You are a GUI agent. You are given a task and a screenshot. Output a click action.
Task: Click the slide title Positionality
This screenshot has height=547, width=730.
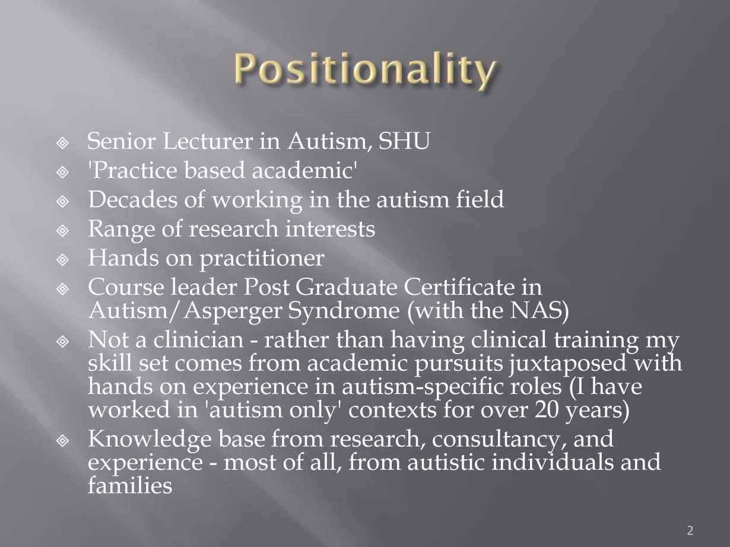[x=365, y=71]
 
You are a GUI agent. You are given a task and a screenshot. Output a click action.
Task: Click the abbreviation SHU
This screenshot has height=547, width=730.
[x=404, y=141]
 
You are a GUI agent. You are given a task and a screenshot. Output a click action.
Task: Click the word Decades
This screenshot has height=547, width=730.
[x=132, y=199]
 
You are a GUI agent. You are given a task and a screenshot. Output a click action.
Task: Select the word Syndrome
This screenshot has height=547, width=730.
[x=344, y=311]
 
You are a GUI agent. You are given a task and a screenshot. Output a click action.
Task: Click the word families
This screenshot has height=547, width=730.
[x=130, y=485]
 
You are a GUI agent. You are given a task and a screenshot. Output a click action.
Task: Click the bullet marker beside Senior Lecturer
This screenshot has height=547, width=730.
[x=62, y=143]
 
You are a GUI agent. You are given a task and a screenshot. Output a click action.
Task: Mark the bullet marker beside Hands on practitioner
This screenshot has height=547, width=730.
[x=62, y=259]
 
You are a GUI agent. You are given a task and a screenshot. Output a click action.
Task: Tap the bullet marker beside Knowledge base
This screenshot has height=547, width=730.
[x=62, y=441]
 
